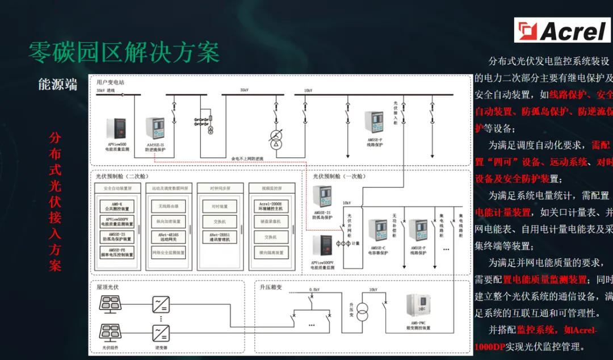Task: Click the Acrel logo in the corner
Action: tap(562, 30)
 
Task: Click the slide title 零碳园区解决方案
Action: tap(124, 53)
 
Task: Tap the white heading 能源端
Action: tap(57, 85)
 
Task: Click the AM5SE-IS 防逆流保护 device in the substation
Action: tap(154, 130)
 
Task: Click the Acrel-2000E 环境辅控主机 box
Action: tap(270, 206)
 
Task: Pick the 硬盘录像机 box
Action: tap(270, 221)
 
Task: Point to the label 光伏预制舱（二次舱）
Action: tap(120, 176)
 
